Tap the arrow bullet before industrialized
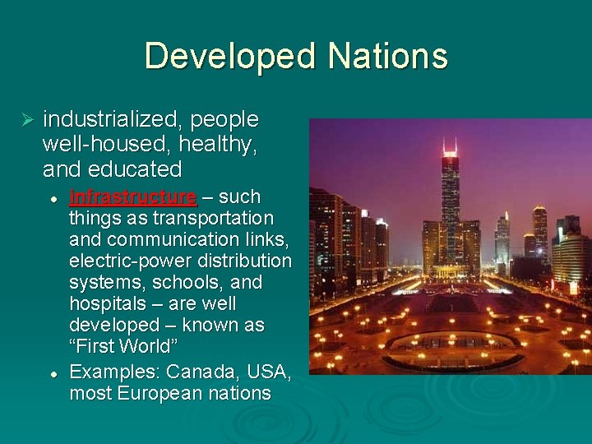25,121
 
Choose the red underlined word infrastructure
133,197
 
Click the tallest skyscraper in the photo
450,206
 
